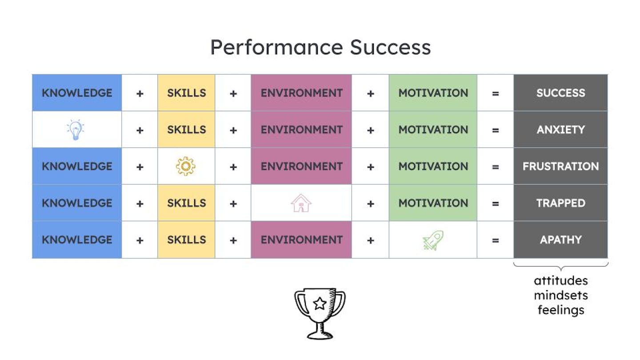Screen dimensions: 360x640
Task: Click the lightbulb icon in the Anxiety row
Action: [x=76, y=130]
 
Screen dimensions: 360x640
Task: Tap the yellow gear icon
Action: [x=186, y=166]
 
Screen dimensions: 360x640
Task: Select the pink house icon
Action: [x=301, y=203]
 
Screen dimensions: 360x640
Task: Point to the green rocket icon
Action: [x=433, y=240]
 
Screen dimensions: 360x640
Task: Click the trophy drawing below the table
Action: [x=320, y=314]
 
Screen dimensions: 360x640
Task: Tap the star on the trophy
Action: [x=320, y=304]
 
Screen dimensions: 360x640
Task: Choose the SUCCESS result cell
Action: [x=560, y=93]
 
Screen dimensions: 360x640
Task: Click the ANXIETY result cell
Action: [x=560, y=130]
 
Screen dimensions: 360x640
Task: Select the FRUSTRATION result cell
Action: [x=560, y=166]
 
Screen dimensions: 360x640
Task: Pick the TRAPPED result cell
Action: [x=560, y=203]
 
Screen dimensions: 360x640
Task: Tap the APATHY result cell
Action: [x=560, y=240]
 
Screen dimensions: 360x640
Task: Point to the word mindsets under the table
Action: [x=560, y=296]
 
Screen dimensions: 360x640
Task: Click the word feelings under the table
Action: [x=560, y=310]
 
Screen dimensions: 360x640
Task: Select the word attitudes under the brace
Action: [x=560, y=281]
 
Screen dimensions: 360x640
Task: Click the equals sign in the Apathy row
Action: [x=495, y=240]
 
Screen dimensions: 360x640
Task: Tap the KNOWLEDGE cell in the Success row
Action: [x=77, y=93]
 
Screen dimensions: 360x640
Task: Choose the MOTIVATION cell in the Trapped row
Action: [x=433, y=203]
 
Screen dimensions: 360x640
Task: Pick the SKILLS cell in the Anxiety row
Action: [x=186, y=130]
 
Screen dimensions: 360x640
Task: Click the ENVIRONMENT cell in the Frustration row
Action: [x=301, y=166]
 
